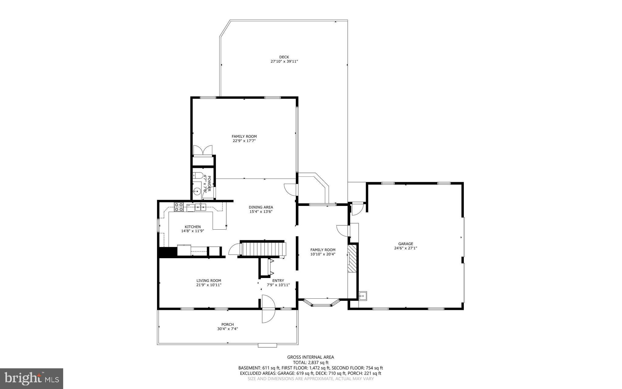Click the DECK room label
point(284,57)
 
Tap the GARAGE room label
point(405,244)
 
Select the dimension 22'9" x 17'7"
point(244,141)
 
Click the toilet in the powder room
point(198,175)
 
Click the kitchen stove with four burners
point(179,207)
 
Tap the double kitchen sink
point(200,207)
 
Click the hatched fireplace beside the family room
point(352,259)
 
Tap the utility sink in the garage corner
point(363,295)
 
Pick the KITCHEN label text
point(193,227)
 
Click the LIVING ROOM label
point(209,281)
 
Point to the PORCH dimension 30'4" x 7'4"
point(227,329)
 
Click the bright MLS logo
point(32,378)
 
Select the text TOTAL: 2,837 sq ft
point(310,363)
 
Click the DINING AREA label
point(261,207)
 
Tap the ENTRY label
point(278,281)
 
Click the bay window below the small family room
point(322,304)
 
